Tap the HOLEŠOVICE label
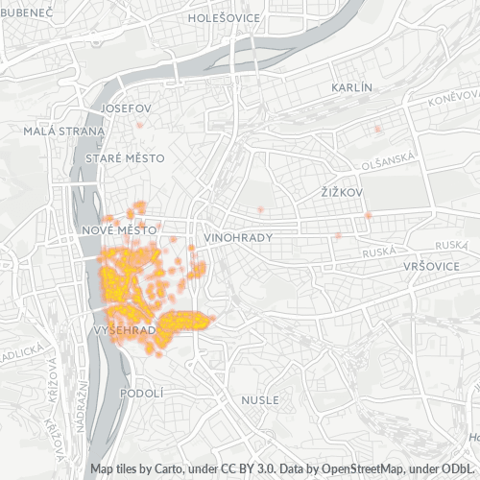[224, 16]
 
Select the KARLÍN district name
[350, 87]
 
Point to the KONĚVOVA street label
[454, 98]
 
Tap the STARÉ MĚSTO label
[125, 157]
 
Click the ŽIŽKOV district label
[342, 193]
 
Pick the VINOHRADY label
[239, 237]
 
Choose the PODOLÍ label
[143, 393]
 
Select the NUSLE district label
[260, 399]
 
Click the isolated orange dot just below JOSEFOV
[141, 125]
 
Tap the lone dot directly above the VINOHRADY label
[260, 209]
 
